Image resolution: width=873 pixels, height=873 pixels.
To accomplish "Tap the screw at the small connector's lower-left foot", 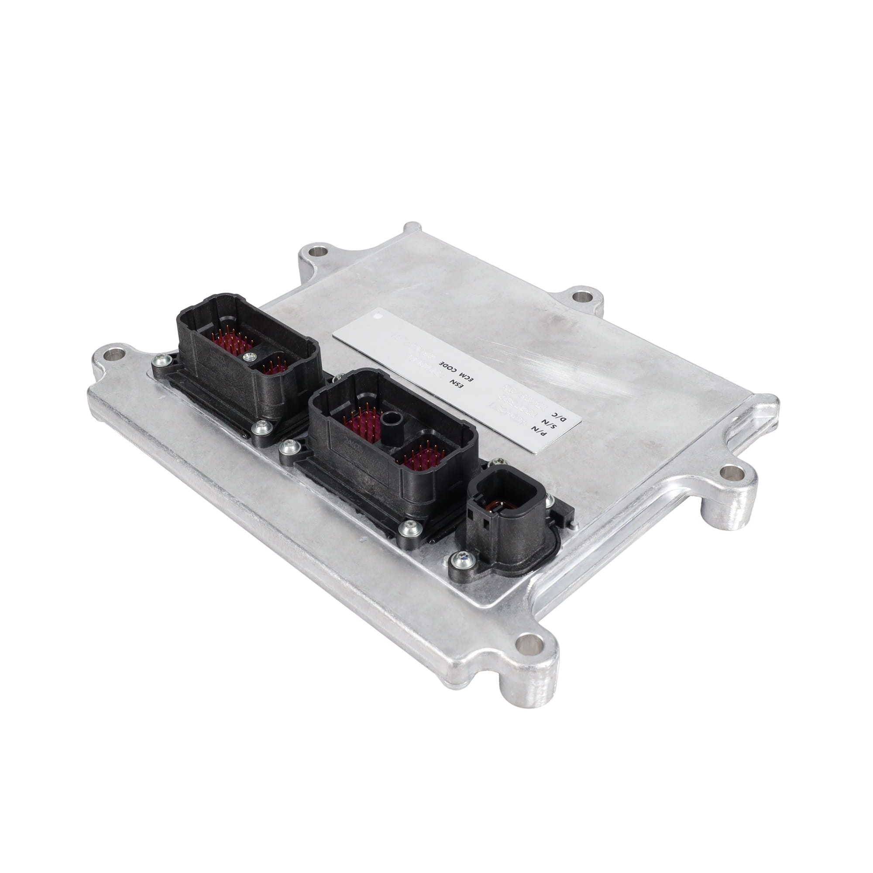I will point(461,560).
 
